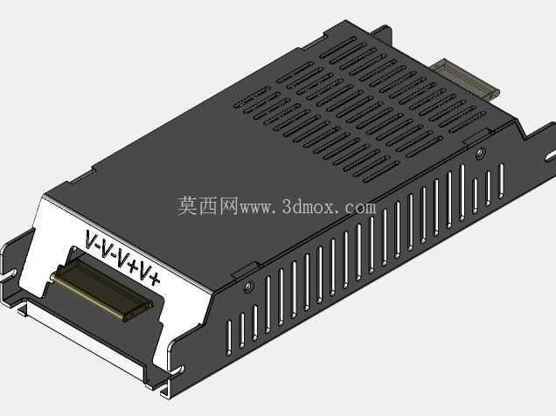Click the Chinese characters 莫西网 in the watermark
coord(207,206)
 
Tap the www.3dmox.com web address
coord(308,206)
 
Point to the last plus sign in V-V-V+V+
coord(155,280)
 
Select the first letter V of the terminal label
coord(91,239)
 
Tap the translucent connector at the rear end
coord(467,79)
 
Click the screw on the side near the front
coord(249,285)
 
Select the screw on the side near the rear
coord(480,153)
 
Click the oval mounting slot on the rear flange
coord(550,156)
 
